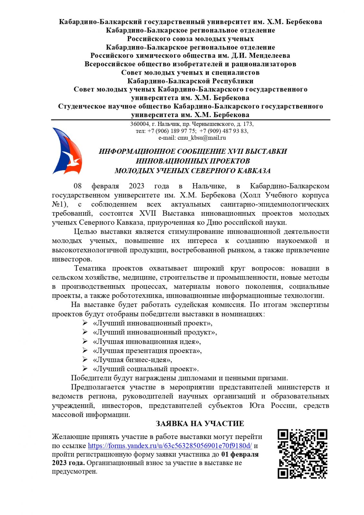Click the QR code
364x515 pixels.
pos(302,454)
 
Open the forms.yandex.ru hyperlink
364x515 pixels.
pos(170,446)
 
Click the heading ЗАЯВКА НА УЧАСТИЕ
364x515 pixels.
pos(200,424)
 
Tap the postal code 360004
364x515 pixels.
pos(139,124)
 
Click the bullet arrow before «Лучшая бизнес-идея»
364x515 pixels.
pos(85,360)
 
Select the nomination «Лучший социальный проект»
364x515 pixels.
pos(146,369)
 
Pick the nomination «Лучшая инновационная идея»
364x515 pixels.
pos(147,342)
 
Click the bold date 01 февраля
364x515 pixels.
pos(240,454)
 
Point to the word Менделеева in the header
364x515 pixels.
pos(269,56)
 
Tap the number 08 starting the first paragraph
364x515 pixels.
pos(78,186)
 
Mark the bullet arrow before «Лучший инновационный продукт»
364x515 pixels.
pos(85,332)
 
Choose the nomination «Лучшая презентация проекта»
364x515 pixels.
pos(147,351)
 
